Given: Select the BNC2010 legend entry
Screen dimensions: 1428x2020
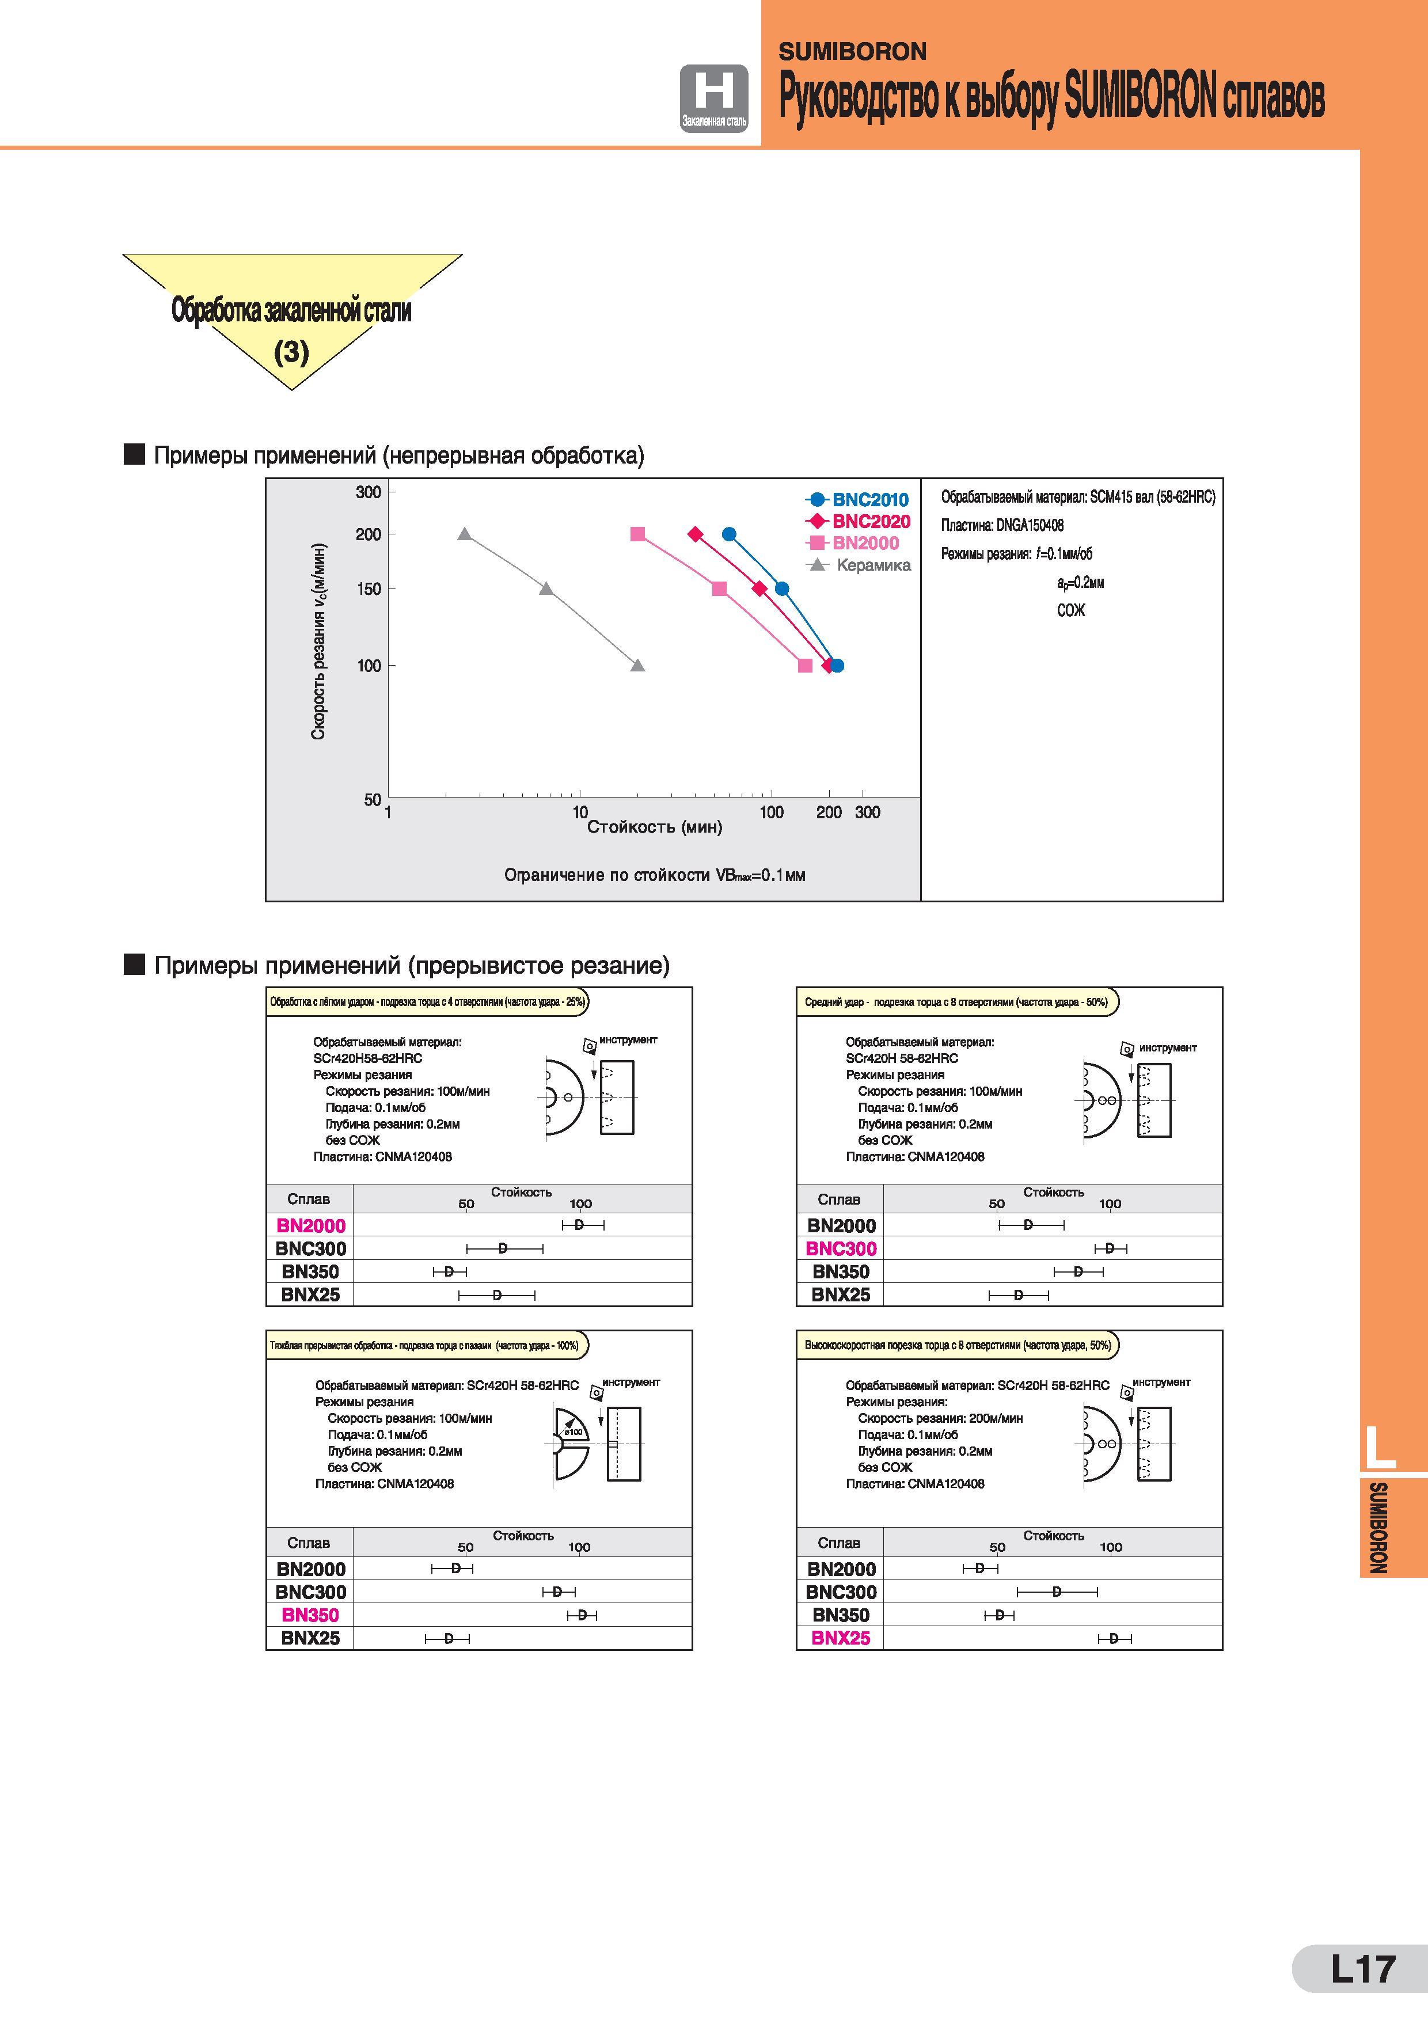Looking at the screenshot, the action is pyautogui.click(x=858, y=499).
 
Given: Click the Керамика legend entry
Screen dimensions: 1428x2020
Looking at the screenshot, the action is pyautogui.click(x=859, y=565).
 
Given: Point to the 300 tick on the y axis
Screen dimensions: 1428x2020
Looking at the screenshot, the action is pyautogui.click(x=369, y=492).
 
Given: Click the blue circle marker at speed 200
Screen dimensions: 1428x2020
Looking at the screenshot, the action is pyautogui.click(x=728, y=534).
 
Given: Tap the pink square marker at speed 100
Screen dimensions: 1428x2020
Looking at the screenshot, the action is pyautogui.click(x=804, y=665).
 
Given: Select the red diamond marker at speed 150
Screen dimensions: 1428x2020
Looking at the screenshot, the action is pyautogui.click(x=759, y=588).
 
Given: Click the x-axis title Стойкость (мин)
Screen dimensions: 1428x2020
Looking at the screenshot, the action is pyautogui.click(x=655, y=826).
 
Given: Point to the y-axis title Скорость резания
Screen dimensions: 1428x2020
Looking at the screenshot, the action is pyautogui.click(x=318, y=641).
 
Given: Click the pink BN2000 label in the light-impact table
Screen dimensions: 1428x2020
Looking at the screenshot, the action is pyautogui.click(x=310, y=1225).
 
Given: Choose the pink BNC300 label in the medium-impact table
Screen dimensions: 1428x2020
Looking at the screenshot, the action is pyautogui.click(x=841, y=1248).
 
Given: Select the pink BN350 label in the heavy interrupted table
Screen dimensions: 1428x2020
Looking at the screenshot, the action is pyautogui.click(x=310, y=1615).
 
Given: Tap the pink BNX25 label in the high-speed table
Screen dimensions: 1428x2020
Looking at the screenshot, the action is pyautogui.click(x=841, y=1637).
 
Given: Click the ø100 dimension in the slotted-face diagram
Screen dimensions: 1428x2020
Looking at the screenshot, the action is pyautogui.click(x=575, y=1432).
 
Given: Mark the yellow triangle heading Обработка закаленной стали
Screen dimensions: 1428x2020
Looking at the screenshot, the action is pyautogui.click(x=292, y=322).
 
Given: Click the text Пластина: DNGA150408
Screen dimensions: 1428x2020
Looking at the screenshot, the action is pyautogui.click(x=1002, y=525).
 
